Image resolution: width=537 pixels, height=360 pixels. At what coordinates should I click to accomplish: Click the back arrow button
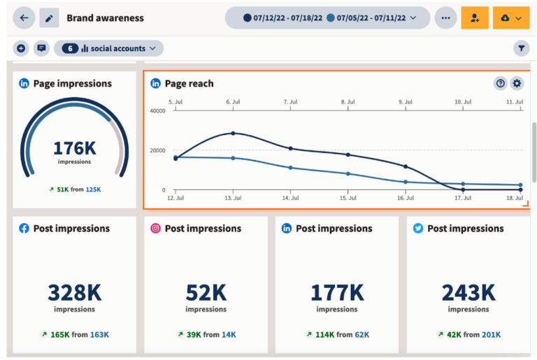pyautogui.click(x=24, y=18)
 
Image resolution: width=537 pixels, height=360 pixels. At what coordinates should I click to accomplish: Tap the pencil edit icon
pyautogui.click(x=49, y=18)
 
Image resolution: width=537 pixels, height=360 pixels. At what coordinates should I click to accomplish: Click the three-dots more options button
pyautogui.click(x=445, y=18)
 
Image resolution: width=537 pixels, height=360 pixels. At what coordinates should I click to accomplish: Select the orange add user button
pyautogui.click(x=475, y=18)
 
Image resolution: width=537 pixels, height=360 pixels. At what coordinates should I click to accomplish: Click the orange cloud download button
pyautogui.click(x=511, y=18)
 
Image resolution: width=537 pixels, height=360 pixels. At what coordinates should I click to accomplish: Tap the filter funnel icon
pyautogui.click(x=521, y=48)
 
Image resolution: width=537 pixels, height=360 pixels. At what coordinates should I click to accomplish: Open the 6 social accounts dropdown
pyautogui.click(x=108, y=48)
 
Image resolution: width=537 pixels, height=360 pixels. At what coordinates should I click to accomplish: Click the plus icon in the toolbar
pyautogui.click(x=21, y=48)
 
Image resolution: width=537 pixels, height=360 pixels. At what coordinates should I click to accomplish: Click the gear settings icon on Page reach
pyautogui.click(x=517, y=83)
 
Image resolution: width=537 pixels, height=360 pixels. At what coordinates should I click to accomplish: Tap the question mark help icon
pyautogui.click(x=501, y=83)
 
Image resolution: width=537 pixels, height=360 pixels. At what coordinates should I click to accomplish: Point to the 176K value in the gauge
pyautogui.click(x=74, y=148)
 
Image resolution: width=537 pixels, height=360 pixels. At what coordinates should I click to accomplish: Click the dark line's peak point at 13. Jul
pyautogui.click(x=233, y=133)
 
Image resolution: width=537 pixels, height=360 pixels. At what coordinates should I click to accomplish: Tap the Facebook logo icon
pyautogui.click(x=24, y=229)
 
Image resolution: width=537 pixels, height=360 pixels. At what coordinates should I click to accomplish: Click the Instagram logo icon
pyautogui.click(x=155, y=229)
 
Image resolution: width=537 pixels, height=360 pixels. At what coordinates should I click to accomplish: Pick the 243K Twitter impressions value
pyautogui.click(x=468, y=291)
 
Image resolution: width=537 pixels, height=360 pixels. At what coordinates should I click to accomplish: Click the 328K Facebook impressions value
pyautogui.click(x=74, y=291)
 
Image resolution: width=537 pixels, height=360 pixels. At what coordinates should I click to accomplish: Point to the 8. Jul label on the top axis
pyautogui.click(x=348, y=101)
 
